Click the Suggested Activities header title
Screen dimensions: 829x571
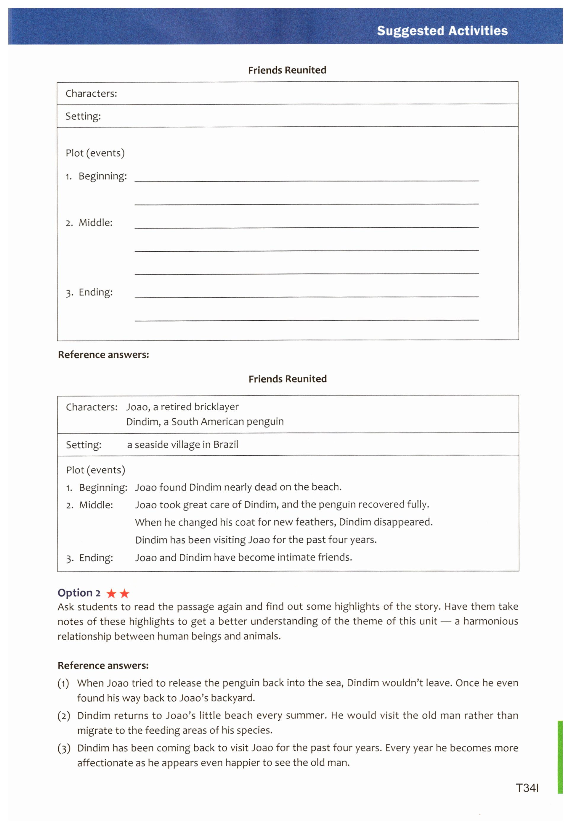pos(442,31)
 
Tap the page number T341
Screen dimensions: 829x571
pos(527,788)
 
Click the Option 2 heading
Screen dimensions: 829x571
pos(79,593)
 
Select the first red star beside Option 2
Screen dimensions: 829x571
pos(112,594)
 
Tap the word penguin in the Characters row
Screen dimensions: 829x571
pos(265,422)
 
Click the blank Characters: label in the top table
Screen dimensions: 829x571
pos(91,94)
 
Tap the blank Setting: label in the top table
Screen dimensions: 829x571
pos(83,116)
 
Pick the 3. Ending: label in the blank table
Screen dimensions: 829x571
pos(89,292)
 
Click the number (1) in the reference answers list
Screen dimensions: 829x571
pos(63,683)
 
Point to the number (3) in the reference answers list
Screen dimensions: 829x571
pos(64,748)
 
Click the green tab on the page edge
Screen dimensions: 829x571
pos(560,757)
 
